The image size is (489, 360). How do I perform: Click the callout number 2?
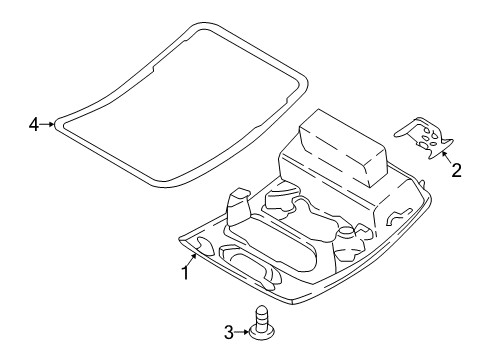click(456, 170)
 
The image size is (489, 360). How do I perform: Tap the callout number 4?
click(34, 125)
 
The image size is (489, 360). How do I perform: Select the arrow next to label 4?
click(49, 125)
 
